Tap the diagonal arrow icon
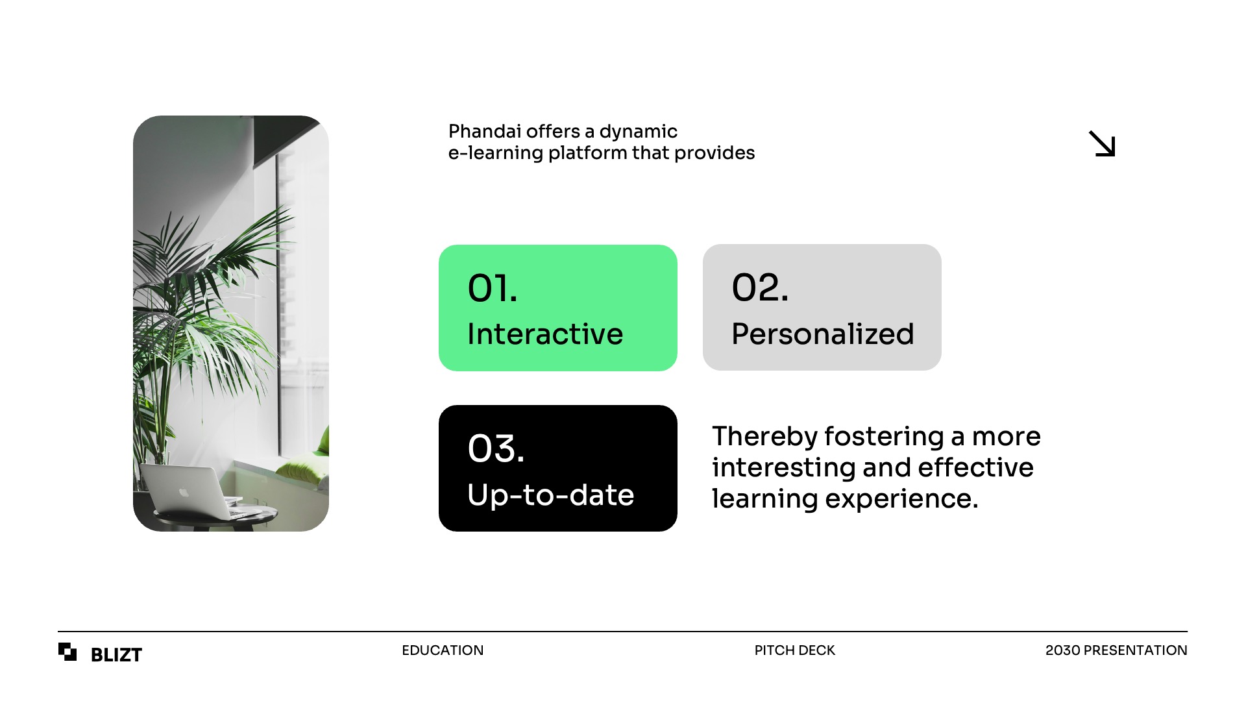tap(1102, 143)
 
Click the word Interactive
tap(545, 334)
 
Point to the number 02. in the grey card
tap(760, 288)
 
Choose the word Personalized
tap(823, 334)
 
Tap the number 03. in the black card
tap(496, 449)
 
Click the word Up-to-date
tap(550, 495)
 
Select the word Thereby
tap(764, 437)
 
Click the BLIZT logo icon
tap(67, 652)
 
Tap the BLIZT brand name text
tap(116, 655)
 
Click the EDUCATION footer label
tap(443, 650)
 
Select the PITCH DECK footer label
tap(794, 650)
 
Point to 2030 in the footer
tap(1062, 650)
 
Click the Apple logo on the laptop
tap(184, 492)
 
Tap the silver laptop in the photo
tap(195, 491)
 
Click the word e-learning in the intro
tap(496, 153)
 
